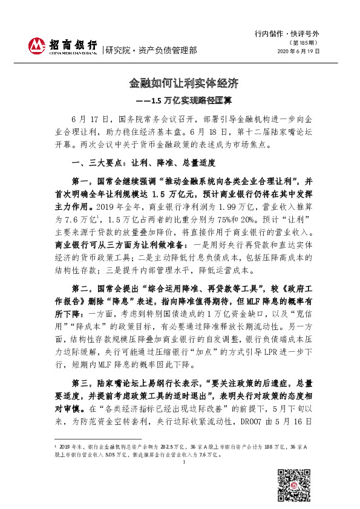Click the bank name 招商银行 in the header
[73, 45]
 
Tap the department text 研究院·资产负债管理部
[151, 51]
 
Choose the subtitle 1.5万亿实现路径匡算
[187, 99]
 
